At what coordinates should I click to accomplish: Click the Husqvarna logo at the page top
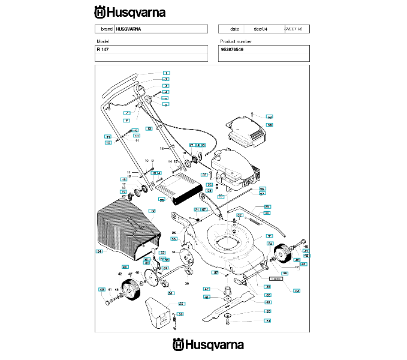(129, 11)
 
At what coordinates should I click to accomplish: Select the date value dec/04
(260, 29)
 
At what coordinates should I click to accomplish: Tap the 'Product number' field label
(236, 41)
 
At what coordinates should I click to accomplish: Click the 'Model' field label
(102, 41)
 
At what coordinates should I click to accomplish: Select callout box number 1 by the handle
(166, 73)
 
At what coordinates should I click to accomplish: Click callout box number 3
(166, 86)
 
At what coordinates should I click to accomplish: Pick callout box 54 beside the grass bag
(100, 251)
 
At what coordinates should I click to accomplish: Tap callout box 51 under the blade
(268, 322)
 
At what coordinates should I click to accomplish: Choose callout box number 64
(296, 290)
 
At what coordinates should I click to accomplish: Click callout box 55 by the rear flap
(181, 304)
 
